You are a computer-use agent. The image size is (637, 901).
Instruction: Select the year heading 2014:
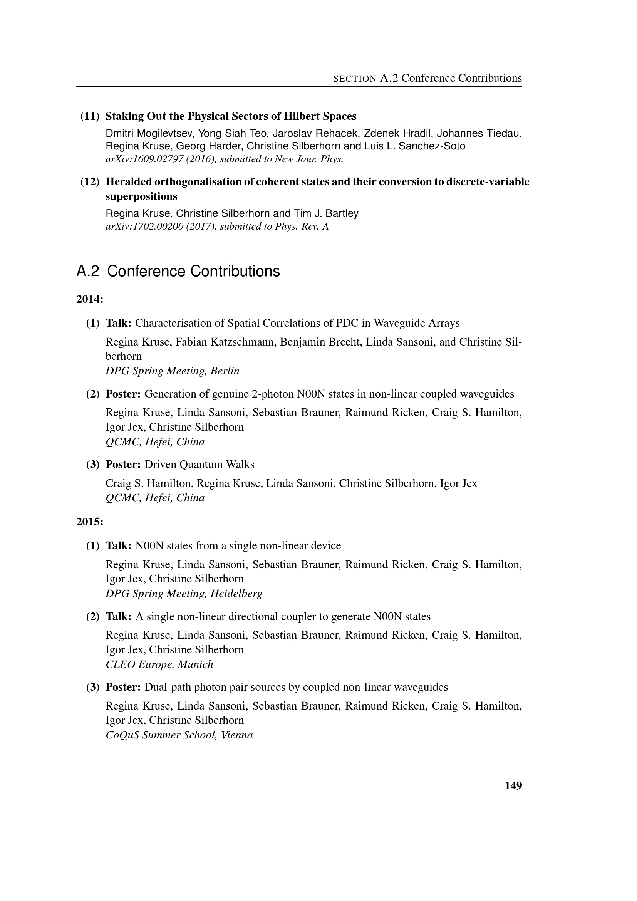point(89,299)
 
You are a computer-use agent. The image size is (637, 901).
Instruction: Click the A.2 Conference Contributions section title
point(178,271)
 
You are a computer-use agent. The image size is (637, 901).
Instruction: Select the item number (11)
point(90,116)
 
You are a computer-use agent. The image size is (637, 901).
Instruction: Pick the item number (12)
point(90,182)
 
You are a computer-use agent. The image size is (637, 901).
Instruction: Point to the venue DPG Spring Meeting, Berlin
point(172,371)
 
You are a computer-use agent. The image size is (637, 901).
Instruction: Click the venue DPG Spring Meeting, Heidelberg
point(184,593)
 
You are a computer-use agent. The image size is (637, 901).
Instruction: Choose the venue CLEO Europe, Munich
point(159,664)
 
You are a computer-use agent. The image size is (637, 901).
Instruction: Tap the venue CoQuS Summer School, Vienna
point(179,735)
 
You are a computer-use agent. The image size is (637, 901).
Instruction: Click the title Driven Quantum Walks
point(199,464)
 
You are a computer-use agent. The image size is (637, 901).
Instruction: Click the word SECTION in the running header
point(355,79)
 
